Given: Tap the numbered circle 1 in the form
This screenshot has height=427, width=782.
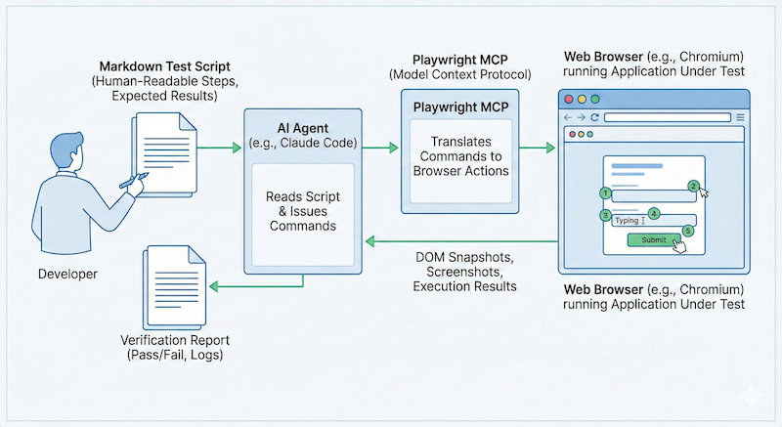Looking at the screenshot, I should coord(605,193).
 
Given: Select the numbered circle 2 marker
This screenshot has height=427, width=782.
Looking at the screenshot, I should coord(693,186).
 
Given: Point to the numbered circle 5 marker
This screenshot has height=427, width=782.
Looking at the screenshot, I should coord(688,231).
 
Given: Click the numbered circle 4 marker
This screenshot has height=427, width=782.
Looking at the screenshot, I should coord(654,213).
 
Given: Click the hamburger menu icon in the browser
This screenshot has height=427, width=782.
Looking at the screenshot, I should coord(739,117).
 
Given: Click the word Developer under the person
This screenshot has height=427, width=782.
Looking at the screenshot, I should coord(67,275).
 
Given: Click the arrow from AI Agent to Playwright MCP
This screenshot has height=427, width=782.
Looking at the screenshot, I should coord(379,148).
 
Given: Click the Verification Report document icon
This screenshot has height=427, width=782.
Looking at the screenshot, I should coord(177,283).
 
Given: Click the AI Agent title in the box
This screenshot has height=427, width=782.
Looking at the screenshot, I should coord(302,128).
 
